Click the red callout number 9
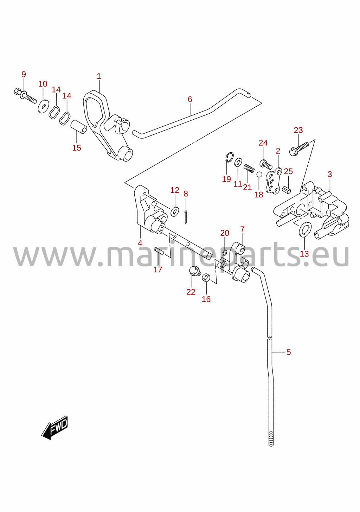(x=24, y=74)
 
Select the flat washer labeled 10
(x=43, y=106)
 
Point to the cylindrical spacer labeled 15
(x=78, y=127)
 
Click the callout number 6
(x=190, y=100)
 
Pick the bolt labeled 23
(x=299, y=148)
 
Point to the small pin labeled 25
(x=287, y=189)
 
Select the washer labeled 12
(x=175, y=211)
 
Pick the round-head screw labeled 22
(x=195, y=272)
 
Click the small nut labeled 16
(x=206, y=278)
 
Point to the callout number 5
(x=289, y=352)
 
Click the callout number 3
(x=330, y=175)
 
